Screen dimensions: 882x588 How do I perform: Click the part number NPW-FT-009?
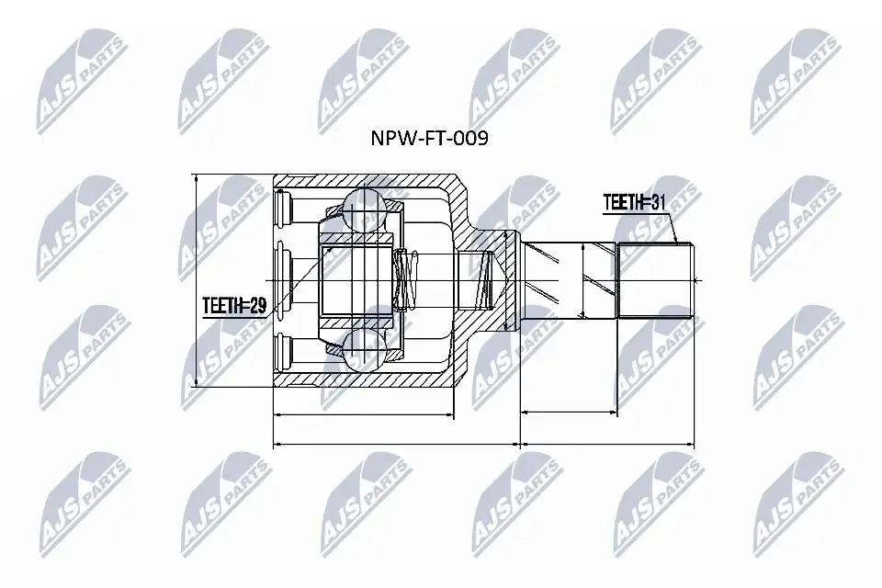[429, 139]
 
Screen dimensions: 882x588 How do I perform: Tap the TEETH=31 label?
[635, 202]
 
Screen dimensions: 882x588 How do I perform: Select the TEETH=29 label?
[234, 306]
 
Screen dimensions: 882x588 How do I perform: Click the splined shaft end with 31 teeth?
[656, 279]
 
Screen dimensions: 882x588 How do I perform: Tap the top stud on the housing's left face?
[283, 209]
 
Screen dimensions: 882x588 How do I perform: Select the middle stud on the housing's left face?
[283, 280]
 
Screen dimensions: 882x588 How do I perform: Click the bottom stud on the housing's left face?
[283, 351]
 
